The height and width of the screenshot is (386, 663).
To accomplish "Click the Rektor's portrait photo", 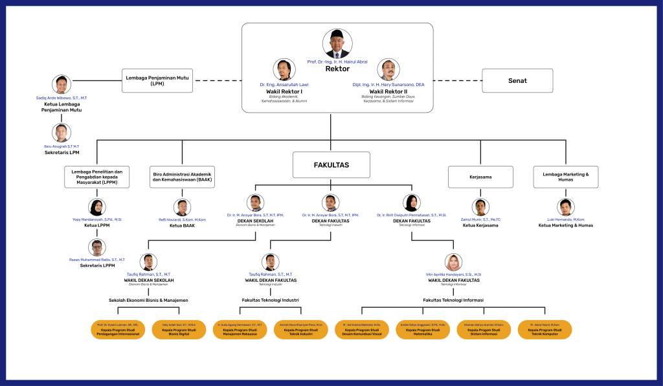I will pos(337,43).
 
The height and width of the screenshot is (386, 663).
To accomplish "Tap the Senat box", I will pos(517,81).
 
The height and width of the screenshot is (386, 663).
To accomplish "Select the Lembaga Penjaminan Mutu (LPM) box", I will pos(157,81).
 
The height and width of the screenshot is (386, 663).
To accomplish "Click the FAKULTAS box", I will pos(331,165).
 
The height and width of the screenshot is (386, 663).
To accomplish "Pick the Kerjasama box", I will pos(480,176).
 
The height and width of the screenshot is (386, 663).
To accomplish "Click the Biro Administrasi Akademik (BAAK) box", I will pos(183,176).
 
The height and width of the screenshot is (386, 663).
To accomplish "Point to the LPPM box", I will pos(96,176).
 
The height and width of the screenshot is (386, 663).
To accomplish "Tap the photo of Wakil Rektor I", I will pos(285,70).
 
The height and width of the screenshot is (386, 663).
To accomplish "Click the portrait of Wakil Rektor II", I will pos(388,70).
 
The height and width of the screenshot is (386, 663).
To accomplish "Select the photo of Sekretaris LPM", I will pos(62,133).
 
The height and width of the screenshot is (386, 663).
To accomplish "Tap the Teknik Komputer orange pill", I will pos(545,329).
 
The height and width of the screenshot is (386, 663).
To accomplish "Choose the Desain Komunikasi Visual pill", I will pos(363,329).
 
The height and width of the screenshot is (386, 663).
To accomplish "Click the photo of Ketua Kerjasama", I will pos(480,207).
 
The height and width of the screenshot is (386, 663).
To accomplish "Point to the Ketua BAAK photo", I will pos(183,207).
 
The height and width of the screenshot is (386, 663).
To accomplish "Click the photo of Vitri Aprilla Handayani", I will pos(453,262).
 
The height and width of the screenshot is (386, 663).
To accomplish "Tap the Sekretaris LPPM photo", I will pos(96,248).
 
